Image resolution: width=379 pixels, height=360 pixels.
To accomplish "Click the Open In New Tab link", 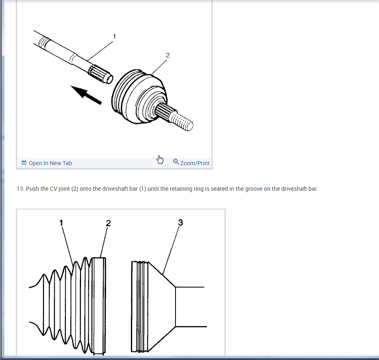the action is click(50, 163).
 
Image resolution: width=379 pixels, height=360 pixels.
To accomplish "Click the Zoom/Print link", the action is click(195, 163).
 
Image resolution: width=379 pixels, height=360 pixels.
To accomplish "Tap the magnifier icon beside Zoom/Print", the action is click(176, 162).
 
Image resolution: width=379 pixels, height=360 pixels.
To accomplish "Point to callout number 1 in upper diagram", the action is click(114, 36).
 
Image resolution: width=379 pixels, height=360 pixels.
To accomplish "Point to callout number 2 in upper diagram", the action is click(168, 56).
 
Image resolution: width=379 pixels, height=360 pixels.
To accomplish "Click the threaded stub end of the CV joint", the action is click(181, 121).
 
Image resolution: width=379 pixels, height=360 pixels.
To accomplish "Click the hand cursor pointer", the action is click(160, 160).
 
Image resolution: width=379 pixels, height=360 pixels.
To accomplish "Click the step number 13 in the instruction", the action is click(20, 189).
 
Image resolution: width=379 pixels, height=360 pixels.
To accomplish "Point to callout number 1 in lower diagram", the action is click(61, 223).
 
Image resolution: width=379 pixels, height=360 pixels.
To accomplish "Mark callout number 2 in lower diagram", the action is click(108, 223).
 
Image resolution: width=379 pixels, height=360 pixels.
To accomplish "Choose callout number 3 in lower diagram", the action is click(180, 222).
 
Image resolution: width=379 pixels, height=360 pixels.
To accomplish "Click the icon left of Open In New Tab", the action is click(24, 163).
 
